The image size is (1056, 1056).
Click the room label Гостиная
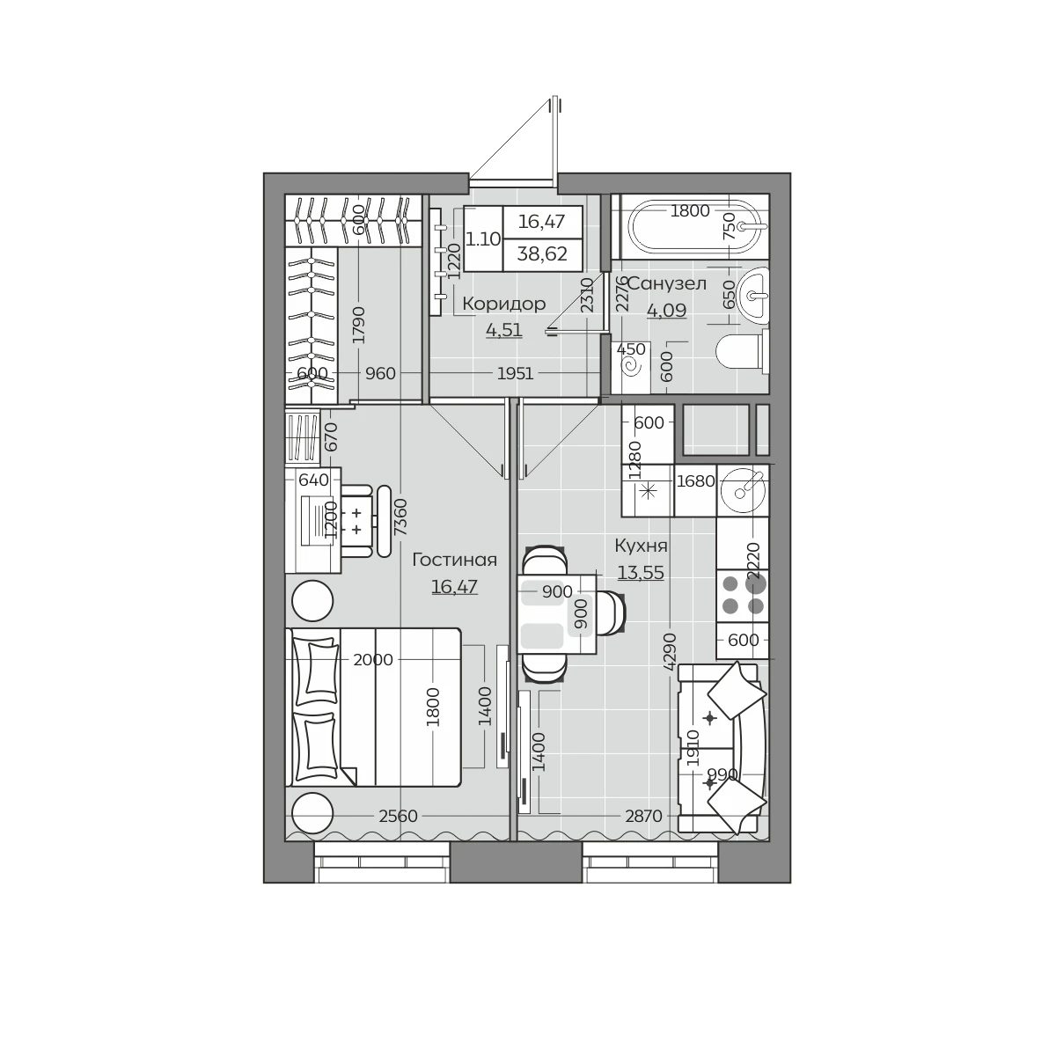pyautogui.click(x=454, y=560)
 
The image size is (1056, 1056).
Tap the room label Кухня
pyautogui.click(x=641, y=546)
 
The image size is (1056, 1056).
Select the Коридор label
pyautogui.click(x=503, y=304)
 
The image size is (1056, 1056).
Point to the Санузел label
pyautogui.click(x=666, y=284)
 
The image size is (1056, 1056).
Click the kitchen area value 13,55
pyautogui.click(x=641, y=573)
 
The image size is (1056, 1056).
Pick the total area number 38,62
pyautogui.click(x=542, y=254)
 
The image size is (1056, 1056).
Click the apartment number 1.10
pyautogui.click(x=483, y=239)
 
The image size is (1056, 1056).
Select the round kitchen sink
pyautogui.click(x=743, y=491)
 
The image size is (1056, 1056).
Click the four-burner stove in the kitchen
pyautogui.click(x=743, y=596)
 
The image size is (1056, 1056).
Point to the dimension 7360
pyautogui.click(x=401, y=517)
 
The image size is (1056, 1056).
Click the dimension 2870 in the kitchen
pyautogui.click(x=644, y=817)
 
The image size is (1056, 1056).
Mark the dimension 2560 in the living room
pyautogui.click(x=399, y=817)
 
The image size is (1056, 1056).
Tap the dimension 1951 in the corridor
pyautogui.click(x=515, y=374)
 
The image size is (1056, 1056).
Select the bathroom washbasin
pyautogui.click(x=753, y=295)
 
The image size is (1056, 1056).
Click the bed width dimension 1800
pyautogui.click(x=433, y=707)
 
